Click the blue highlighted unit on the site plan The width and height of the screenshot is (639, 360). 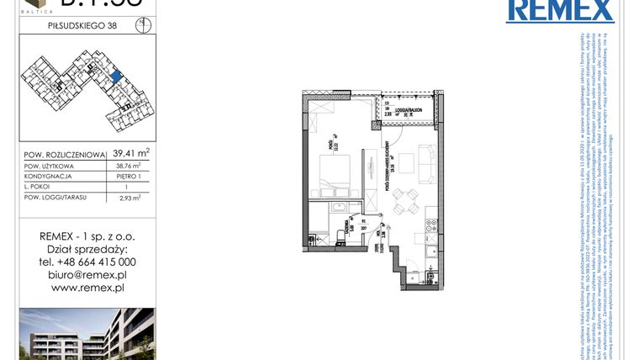(115, 77)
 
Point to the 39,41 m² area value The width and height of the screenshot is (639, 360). (131, 153)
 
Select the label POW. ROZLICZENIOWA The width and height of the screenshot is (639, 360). (64, 154)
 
